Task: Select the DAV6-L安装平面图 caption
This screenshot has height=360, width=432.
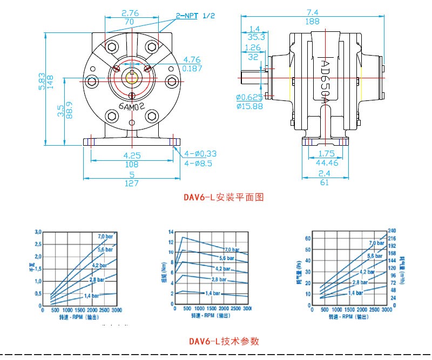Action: click(224, 198)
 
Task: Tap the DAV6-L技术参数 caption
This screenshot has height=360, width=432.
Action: click(224, 341)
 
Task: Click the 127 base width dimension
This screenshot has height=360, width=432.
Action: click(132, 183)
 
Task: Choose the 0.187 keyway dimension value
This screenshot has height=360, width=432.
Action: click(192, 68)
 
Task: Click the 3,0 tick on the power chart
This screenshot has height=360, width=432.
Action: click(38, 232)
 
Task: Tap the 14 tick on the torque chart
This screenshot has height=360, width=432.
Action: click(170, 232)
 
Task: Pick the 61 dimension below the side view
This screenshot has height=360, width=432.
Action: click(325, 183)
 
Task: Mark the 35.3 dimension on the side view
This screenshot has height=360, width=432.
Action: click(256, 37)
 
